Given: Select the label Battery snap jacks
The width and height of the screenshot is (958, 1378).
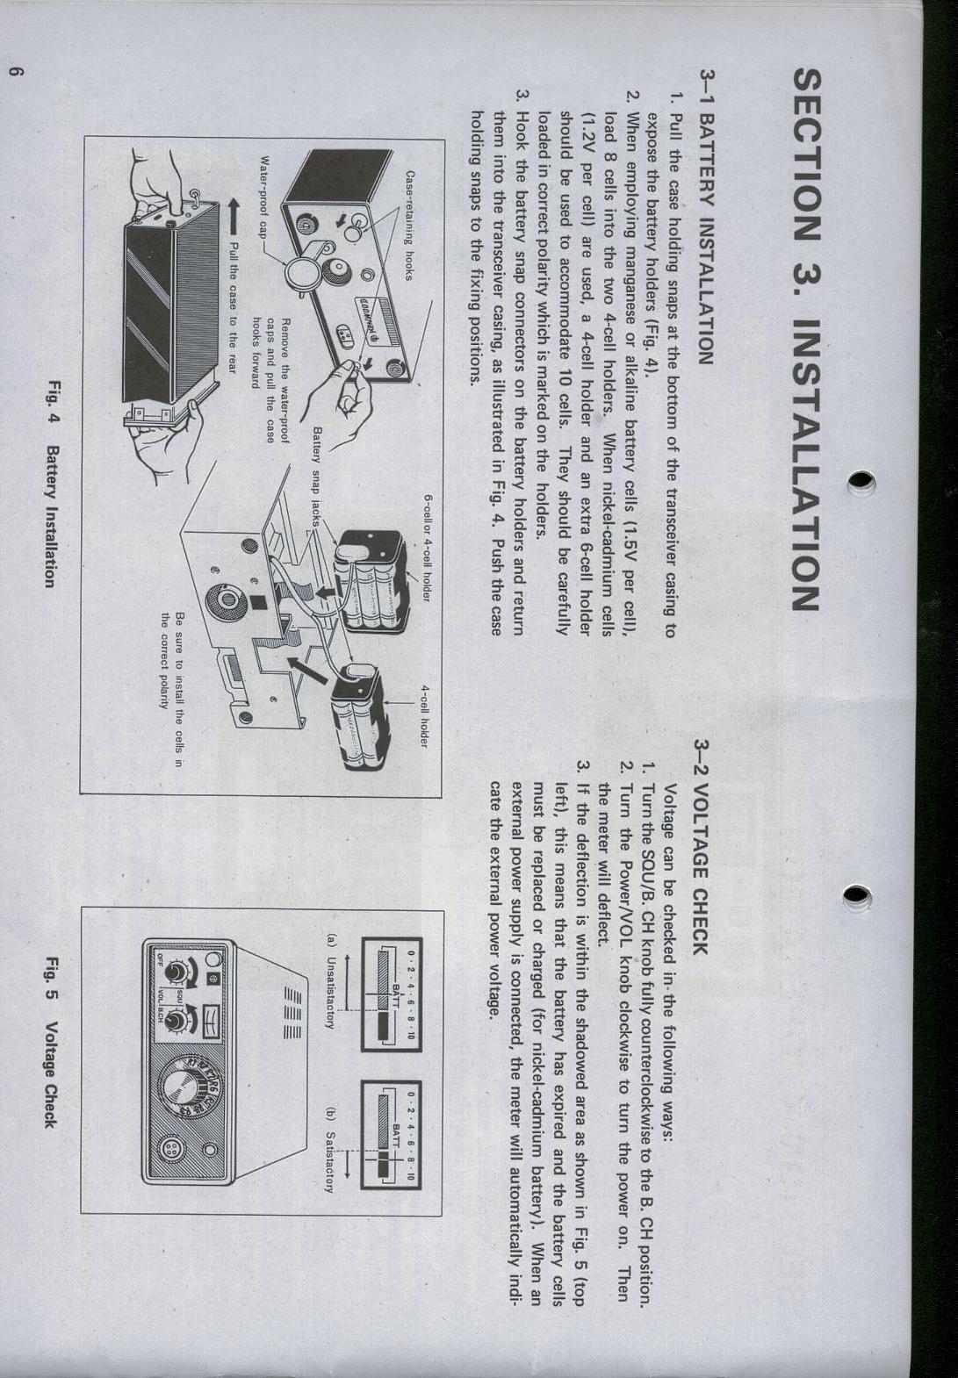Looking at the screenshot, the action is (317, 477).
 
